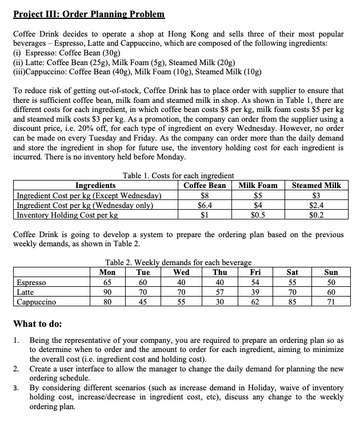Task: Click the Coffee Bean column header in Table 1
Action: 204,185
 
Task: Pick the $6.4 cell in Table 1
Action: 204,205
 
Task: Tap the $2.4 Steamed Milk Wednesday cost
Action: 316,205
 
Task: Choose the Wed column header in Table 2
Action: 181,272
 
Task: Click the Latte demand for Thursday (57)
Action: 219,292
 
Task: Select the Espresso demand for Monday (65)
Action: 104,282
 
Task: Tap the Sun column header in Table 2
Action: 331,272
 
